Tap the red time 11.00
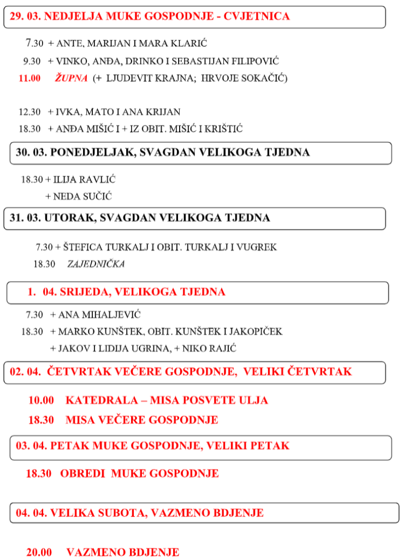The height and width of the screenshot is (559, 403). pos(29,78)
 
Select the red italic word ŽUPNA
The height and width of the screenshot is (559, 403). pos(71,78)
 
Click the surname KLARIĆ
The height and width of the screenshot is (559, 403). pos(188,43)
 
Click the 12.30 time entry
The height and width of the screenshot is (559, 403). pos(29,112)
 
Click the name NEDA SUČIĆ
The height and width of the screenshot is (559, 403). pos(82,197)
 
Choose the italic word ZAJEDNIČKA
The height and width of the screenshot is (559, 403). pos(96,264)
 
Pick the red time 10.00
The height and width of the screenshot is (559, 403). pos(41,400)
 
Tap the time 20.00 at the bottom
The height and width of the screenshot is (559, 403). pos(39,552)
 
